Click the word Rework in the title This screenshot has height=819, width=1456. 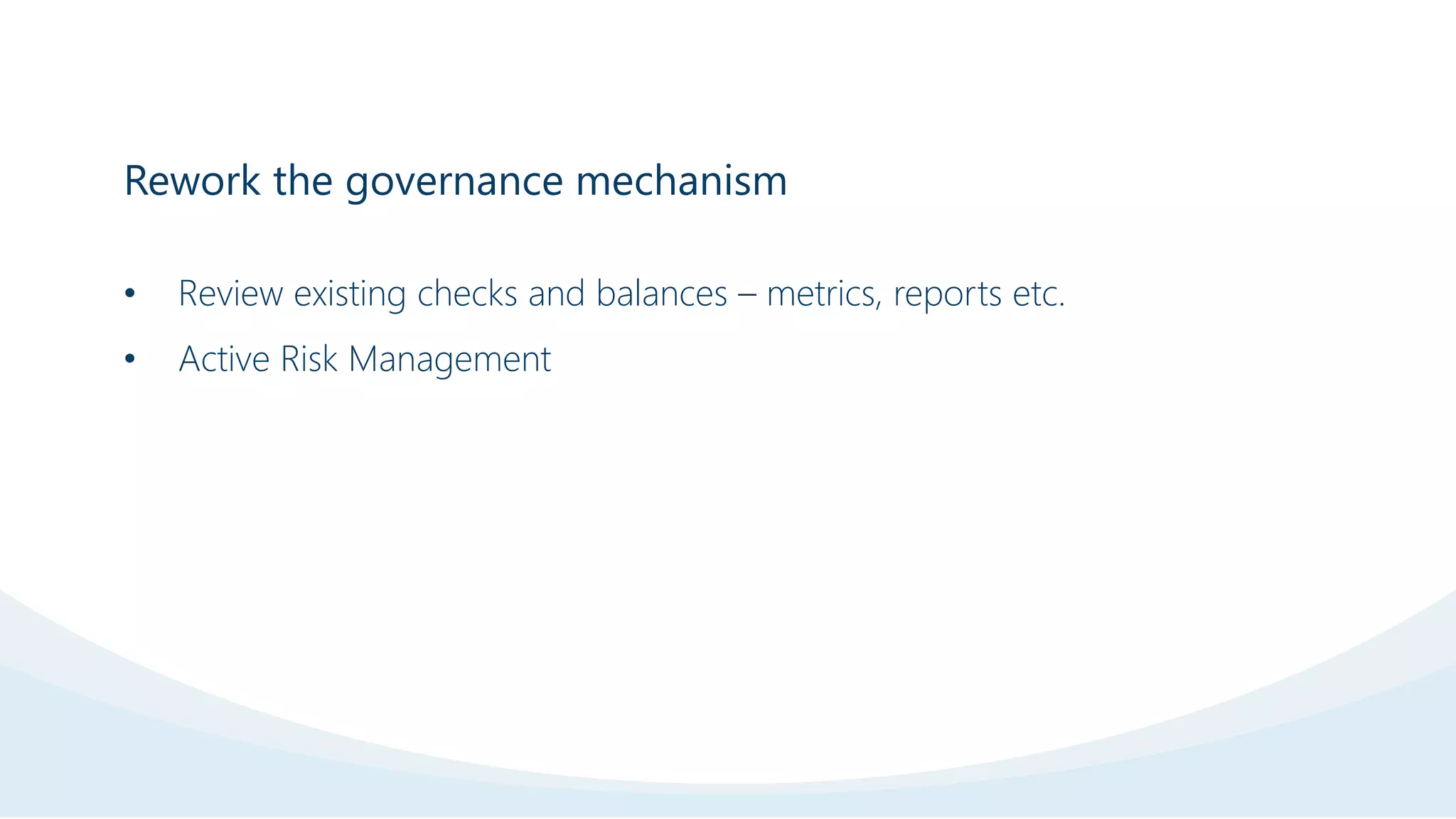click(x=192, y=181)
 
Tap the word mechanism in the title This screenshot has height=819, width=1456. click(x=681, y=181)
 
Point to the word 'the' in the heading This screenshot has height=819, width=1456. click(x=303, y=181)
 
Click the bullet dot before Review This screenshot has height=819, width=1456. click(x=129, y=294)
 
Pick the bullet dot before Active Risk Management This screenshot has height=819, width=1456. click(x=129, y=359)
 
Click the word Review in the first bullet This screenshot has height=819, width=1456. click(x=230, y=294)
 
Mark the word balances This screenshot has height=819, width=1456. click(x=661, y=294)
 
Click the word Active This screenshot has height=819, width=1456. click(x=224, y=359)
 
